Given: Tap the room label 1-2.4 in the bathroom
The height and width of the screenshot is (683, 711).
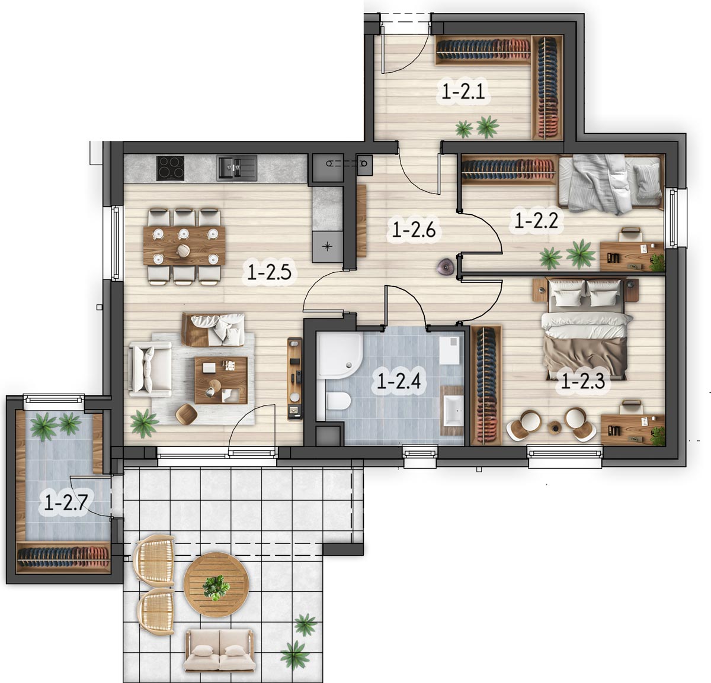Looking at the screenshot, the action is coord(399,382).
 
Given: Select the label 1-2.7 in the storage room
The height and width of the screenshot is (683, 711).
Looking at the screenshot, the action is coord(66,502).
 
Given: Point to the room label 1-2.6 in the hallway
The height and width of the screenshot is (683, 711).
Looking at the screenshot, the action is coord(414,230).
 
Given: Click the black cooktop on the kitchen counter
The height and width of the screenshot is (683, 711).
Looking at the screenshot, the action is coord(170,168).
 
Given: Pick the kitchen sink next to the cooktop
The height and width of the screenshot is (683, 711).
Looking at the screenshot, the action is coord(237,167).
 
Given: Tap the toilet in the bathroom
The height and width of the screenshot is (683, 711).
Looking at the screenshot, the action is coord(339,401).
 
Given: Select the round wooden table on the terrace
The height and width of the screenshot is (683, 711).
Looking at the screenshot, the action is coord(216,584).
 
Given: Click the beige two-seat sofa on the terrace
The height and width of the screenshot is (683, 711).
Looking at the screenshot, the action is coord(220,651).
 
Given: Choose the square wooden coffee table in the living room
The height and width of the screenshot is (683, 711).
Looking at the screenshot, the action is coord(221,380).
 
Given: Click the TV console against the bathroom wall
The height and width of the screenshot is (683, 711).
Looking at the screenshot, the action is coord(295,379).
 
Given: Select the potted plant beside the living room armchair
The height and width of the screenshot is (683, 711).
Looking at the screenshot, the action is coord(145,423).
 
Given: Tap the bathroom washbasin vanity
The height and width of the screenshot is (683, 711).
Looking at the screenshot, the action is coord(453,411).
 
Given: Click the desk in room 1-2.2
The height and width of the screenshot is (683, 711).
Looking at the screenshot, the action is coord(632,256).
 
